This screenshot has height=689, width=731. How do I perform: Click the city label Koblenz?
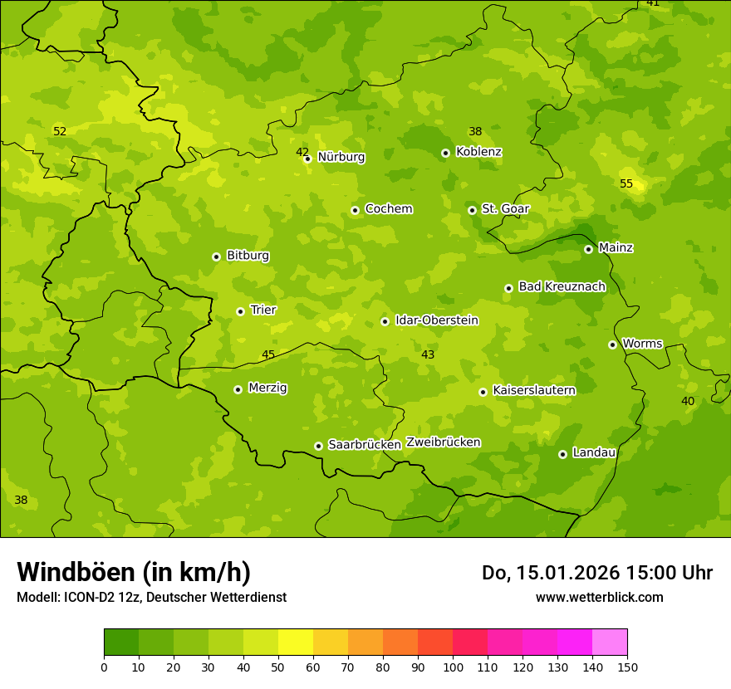478,152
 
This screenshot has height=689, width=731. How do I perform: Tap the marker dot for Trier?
240,311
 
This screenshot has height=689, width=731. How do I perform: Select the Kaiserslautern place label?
533,390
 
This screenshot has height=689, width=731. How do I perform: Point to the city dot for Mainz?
588,249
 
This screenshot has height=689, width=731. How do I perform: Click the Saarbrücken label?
364,445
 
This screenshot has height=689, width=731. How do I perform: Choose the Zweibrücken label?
443,442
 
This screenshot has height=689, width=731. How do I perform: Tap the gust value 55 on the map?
626,183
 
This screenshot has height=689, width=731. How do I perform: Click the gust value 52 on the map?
60,131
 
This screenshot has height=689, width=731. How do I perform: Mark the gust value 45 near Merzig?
268,354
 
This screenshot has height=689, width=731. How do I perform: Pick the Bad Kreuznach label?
562,286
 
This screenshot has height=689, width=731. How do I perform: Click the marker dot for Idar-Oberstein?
385,321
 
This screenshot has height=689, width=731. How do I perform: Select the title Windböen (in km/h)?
134,572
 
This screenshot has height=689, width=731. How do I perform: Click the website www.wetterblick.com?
599,597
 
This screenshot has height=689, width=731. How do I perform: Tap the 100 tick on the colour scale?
453,667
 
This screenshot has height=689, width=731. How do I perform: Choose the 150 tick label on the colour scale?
627,667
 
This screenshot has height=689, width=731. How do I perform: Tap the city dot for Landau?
562,454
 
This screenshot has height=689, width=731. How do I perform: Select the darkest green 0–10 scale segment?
121,643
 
